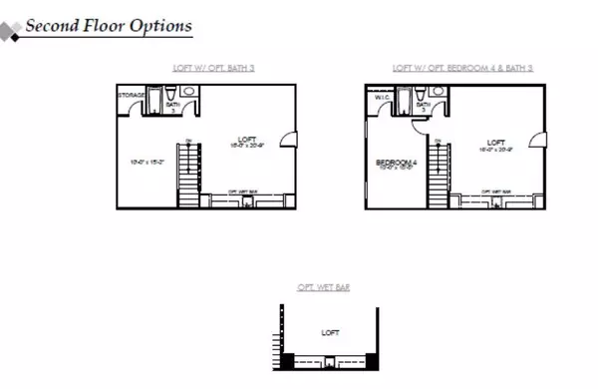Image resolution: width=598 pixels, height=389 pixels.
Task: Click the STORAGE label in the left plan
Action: pos(133,96)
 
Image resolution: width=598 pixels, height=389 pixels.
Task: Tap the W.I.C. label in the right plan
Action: pos(381,98)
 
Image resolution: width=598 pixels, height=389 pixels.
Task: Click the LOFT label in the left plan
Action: pos(247,140)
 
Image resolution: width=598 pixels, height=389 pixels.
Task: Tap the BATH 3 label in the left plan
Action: pos(171,104)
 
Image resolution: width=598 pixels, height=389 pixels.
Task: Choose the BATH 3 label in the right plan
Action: pos(422,106)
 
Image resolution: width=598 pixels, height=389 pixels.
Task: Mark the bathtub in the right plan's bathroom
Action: pos(404,102)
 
